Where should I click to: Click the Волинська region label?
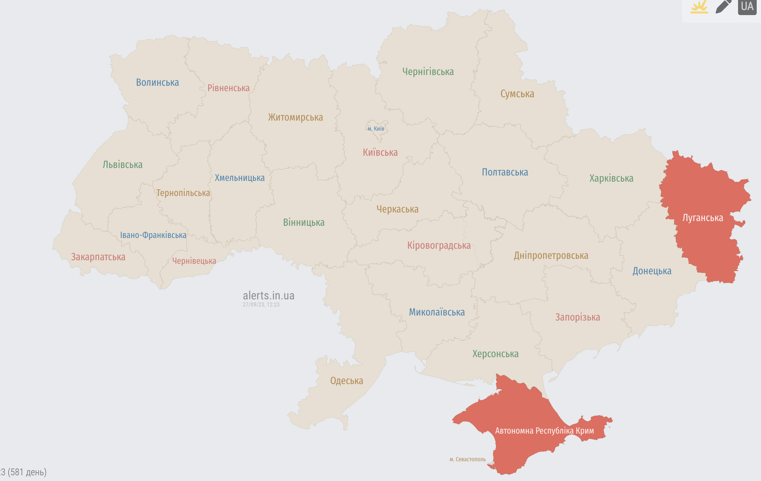[157, 83]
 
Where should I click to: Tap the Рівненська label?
[228, 88]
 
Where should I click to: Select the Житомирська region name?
[296, 117]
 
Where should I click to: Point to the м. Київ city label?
[376, 129]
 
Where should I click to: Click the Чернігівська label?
[428, 72]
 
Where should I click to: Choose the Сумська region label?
[517, 94]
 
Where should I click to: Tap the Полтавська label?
[505, 172]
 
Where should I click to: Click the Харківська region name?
[611, 178]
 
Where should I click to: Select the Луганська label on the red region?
[703, 218]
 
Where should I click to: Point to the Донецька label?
[652, 271]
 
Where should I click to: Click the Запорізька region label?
[577, 317]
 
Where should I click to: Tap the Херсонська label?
[495, 354]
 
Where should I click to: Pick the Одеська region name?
[346, 381]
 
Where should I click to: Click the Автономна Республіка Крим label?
[544, 431]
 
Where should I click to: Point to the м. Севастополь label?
[468, 459]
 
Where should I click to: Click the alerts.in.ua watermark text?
[269, 295]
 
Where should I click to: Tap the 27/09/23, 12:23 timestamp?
[261, 305]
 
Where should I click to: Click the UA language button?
[747, 6]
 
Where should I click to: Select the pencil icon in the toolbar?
[723, 6]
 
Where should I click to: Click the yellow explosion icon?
[699, 6]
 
